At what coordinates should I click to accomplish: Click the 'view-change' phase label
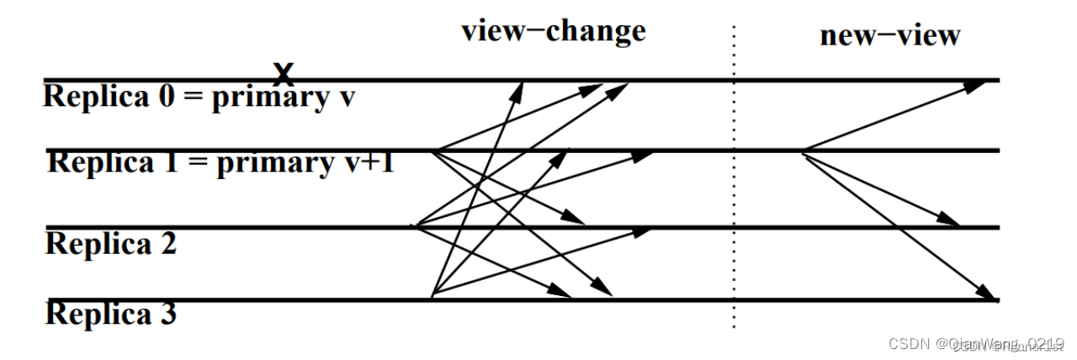click(x=553, y=31)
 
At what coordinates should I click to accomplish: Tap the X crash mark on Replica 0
click(x=285, y=74)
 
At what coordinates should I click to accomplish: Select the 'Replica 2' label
click(x=110, y=244)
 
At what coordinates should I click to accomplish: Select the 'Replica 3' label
click(x=110, y=315)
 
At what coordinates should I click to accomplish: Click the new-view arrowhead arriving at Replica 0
click(x=980, y=83)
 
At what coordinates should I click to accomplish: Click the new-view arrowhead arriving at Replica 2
click(x=951, y=222)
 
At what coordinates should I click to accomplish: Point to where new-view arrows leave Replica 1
click(x=803, y=151)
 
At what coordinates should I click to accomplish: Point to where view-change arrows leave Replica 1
click(x=434, y=151)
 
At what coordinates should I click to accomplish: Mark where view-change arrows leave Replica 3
click(x=431, y=298)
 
